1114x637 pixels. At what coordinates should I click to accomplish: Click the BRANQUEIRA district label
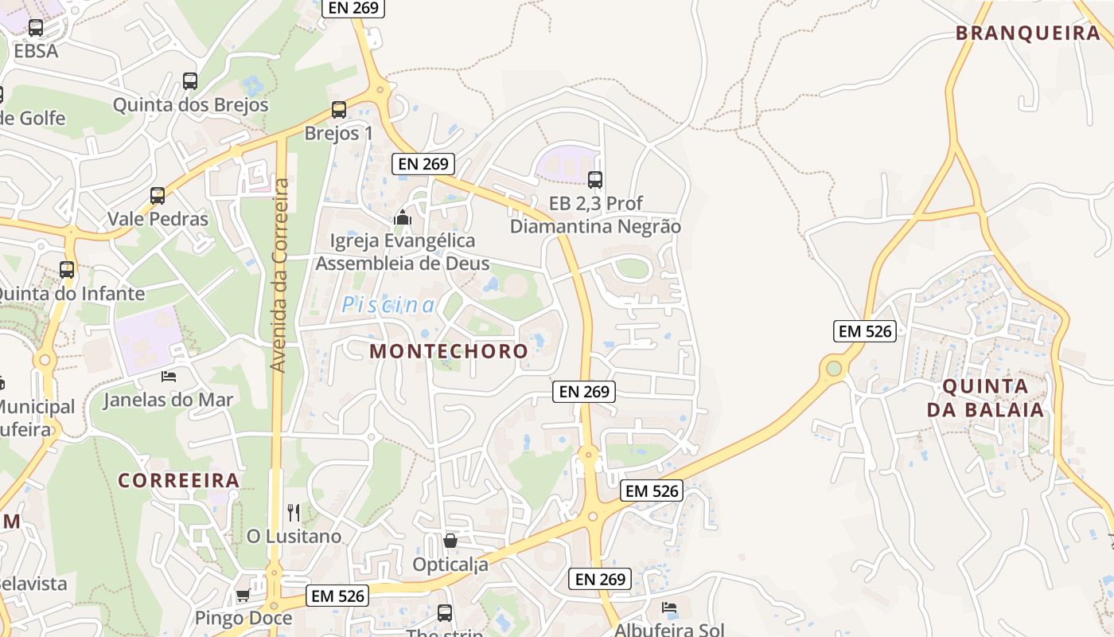click(x=1027, y=33)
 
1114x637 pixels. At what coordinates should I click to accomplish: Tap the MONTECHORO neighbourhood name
click(x=449, y=351)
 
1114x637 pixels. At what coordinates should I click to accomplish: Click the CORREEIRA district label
click(x=179, y=480)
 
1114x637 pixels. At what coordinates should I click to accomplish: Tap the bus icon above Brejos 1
click(x=339, y=110)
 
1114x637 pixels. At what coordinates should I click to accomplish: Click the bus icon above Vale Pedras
click(x=158, y=195)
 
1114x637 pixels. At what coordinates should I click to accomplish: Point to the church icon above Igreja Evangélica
click(x=403, y=217)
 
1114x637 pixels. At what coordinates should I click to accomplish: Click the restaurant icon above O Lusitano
click(x=294, y=512)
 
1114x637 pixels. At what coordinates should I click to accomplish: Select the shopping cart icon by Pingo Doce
click(x=243, y=595)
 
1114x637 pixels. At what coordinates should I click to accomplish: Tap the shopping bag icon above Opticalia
click(x=450, y=541)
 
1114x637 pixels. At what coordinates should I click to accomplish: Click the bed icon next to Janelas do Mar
click(x=168, y=376)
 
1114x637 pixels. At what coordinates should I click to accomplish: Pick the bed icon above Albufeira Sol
click(x=669, y=608)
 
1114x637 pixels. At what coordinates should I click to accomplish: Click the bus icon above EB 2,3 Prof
click(x=595, y=179)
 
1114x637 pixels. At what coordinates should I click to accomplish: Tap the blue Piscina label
click(x=388, y=305)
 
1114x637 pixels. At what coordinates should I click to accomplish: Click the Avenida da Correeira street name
click(x=278, y=275)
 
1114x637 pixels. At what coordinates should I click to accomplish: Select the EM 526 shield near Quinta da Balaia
click(x=865, y=331)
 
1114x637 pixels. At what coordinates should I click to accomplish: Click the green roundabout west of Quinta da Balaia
click(x=834, y=368)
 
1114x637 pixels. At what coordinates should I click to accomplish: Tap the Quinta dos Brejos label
click(x=191, y=105)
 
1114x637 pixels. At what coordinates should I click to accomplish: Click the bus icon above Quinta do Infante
click(x=67, y=269)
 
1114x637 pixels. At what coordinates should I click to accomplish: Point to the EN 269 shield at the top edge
click(x=353, y=8)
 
